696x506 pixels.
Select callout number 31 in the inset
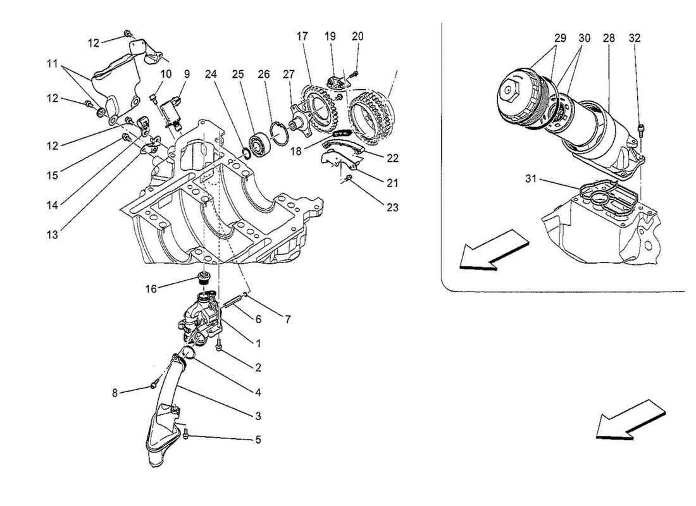(x=531, y=179)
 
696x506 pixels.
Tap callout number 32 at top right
(x=635, y=38)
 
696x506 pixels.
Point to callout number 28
(x=609, y=38)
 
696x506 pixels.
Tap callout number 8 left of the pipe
(x=115, y=393)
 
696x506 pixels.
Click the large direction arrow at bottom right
(x=631, y=419)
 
